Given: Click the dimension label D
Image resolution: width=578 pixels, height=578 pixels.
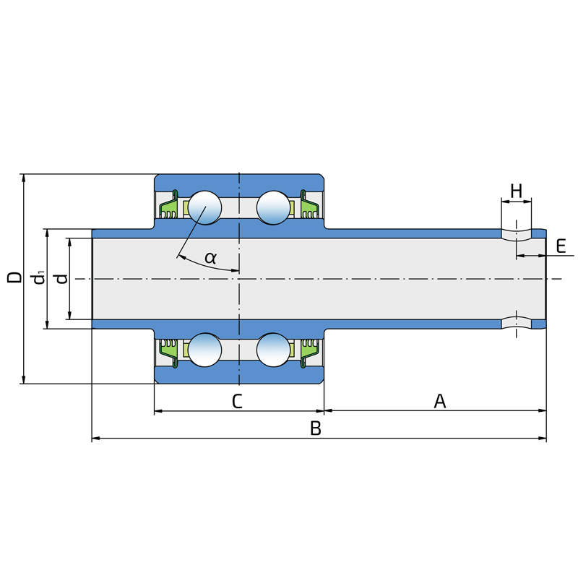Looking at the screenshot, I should click(x=14, y=278).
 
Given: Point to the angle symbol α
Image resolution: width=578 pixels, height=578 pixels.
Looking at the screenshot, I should click(x=210, y=257).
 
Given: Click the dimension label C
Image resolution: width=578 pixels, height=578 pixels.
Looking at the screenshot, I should click(x=237, y=402).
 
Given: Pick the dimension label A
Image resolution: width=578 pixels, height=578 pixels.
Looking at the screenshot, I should click(x=439, y=401).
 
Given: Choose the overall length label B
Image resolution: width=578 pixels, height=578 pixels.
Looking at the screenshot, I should click(x=316, y=428).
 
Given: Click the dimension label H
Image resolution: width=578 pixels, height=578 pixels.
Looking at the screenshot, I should click(x=516, y=191).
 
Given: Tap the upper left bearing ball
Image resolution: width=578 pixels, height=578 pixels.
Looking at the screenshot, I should click(x=205, y=208).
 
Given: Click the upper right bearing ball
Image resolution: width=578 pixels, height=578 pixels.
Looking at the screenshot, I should click(x=272, y=208).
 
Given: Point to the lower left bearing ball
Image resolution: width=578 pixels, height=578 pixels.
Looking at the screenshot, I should click(x=205, y=350).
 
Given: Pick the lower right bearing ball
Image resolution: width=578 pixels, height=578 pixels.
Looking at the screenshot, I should click(x=272, y=350).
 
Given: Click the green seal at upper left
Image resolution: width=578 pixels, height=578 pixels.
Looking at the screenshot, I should click(x=168, y=210).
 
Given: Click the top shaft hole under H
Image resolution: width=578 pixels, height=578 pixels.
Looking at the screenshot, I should click(x=517, y=233).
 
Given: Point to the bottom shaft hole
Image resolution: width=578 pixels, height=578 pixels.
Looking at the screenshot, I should click(x=517, y=323).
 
